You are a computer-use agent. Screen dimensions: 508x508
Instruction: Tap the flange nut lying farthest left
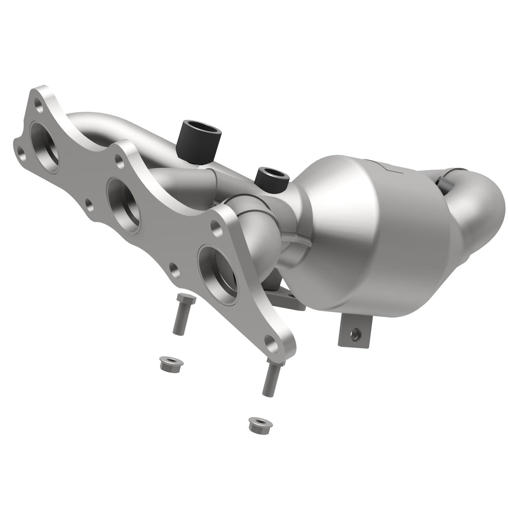(171, 363)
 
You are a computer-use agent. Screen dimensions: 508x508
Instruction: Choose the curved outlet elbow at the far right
(474, 210)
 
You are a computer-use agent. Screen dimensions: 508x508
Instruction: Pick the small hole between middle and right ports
(174, 268)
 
